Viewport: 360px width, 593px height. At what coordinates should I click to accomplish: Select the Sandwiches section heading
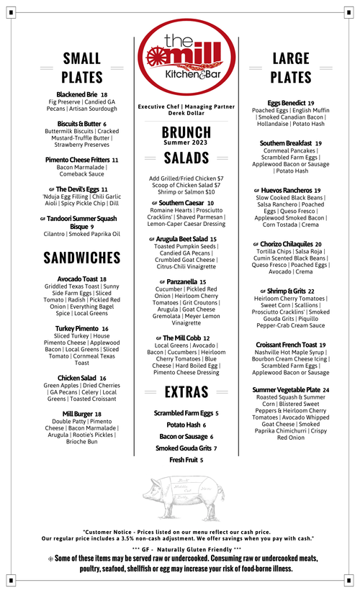81,258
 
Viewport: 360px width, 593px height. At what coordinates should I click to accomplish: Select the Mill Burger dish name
78,414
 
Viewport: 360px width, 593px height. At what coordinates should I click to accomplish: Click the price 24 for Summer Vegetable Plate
325,390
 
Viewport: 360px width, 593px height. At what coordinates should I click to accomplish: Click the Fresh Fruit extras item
183,459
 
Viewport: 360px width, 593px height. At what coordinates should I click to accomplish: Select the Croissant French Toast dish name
287,345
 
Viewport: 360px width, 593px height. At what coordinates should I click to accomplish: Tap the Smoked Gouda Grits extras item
183,448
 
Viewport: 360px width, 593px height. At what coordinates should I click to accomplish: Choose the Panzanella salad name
181,282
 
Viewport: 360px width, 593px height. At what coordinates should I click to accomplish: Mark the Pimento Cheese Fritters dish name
77,159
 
